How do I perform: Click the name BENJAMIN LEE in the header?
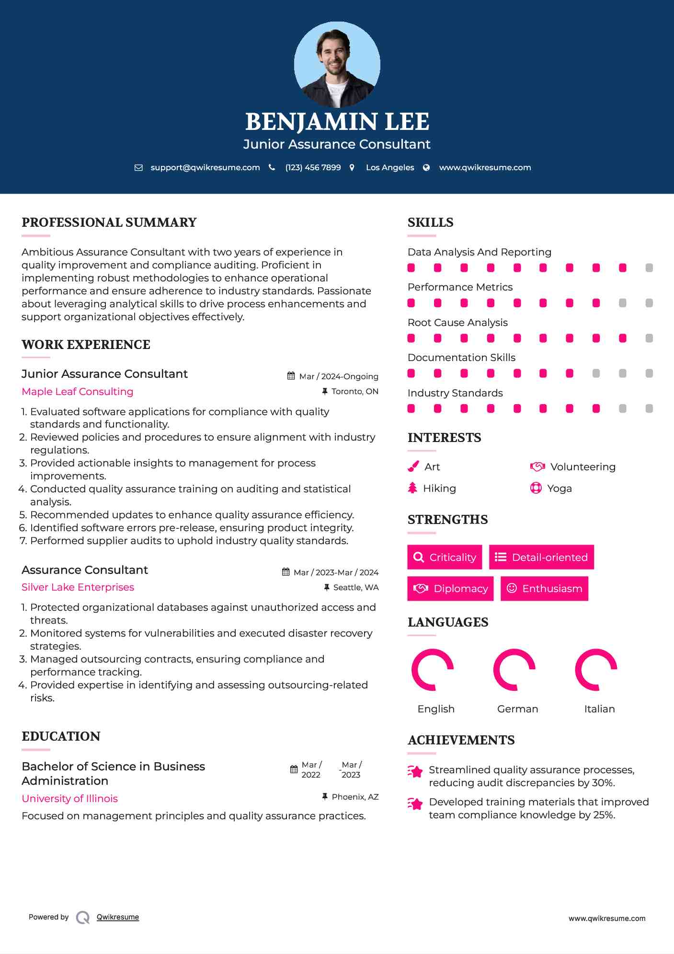pos(337,122)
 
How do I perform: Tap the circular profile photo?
pos(337,65)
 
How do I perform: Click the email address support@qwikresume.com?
pos(205,167)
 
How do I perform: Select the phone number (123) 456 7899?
pos(313,167)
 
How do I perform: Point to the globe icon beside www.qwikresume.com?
pos(426,167)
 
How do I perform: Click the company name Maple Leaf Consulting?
pos(78,392)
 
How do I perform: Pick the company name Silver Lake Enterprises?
pos(78,587)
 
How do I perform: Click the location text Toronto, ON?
pos(354,392)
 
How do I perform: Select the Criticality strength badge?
pos(445,557)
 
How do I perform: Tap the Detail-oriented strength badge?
pos(541,557)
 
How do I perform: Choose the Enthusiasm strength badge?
pos(544,589)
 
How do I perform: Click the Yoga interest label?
pos(559,489)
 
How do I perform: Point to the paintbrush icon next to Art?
pos(413,466)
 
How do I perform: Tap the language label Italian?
pos(599,709)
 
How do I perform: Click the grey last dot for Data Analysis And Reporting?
pos(649,268)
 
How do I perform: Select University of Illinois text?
pos(70,799)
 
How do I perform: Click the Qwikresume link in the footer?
pos(118,917)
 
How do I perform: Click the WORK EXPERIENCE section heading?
pos(86,345)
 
